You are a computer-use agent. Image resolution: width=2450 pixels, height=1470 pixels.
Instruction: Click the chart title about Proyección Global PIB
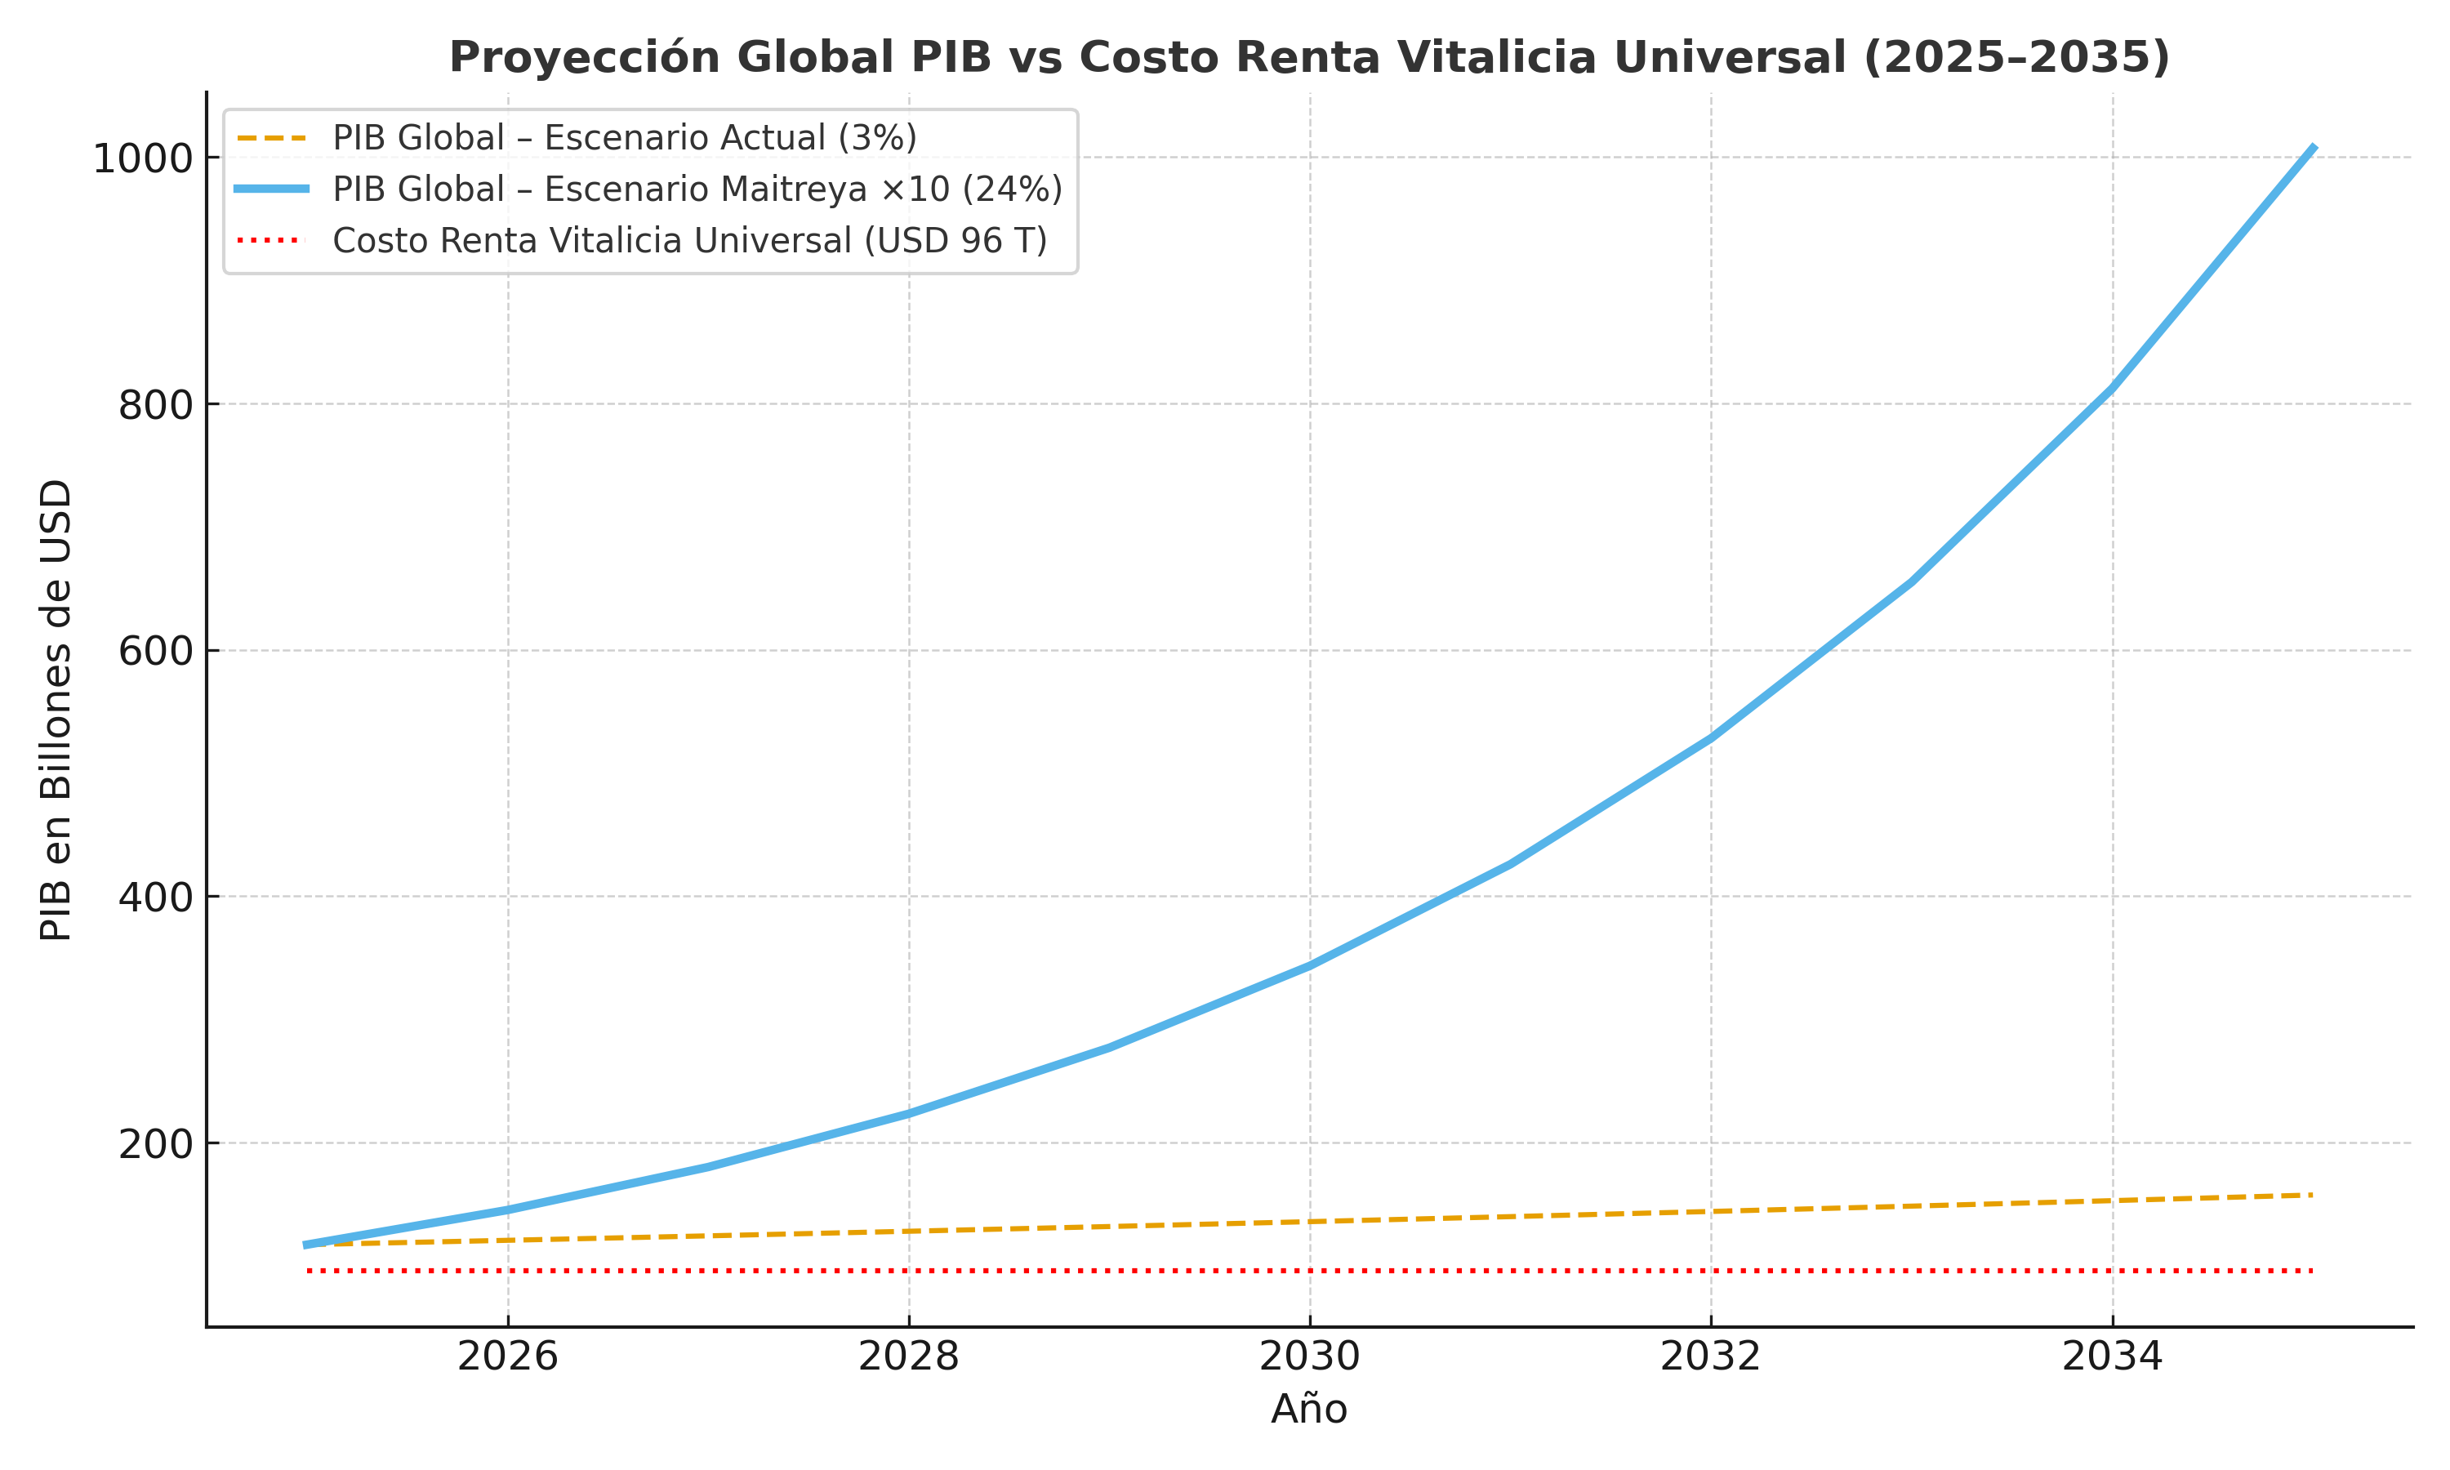1308,57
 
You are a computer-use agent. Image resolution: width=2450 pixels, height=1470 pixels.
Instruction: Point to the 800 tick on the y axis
155,405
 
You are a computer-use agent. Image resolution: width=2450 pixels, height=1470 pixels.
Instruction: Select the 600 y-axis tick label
155,652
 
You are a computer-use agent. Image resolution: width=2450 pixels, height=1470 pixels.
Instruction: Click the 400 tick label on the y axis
155,898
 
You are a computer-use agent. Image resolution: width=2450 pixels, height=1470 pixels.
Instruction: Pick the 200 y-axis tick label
155,1144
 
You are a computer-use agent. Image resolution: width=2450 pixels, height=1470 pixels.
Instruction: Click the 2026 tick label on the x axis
508,1357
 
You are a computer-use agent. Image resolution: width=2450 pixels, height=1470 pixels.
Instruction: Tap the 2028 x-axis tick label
908,1357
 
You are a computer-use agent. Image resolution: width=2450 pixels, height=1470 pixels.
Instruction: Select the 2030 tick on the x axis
1309,1357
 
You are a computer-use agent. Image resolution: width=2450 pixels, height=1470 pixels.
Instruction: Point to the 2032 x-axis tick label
1710,1357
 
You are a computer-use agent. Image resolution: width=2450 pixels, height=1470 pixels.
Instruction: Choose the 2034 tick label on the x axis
2111,1357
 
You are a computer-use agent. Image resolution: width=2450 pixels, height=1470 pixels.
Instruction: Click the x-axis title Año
1309,1410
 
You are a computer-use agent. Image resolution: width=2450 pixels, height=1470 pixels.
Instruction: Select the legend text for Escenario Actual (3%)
624,139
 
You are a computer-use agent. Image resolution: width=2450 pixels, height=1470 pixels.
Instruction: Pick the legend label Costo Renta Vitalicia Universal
689,241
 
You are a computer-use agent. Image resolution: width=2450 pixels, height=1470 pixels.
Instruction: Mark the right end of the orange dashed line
2311,1195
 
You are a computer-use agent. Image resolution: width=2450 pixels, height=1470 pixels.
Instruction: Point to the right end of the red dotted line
2311,1270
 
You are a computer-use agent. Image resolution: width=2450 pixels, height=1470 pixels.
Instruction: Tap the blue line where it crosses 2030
1309,964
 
